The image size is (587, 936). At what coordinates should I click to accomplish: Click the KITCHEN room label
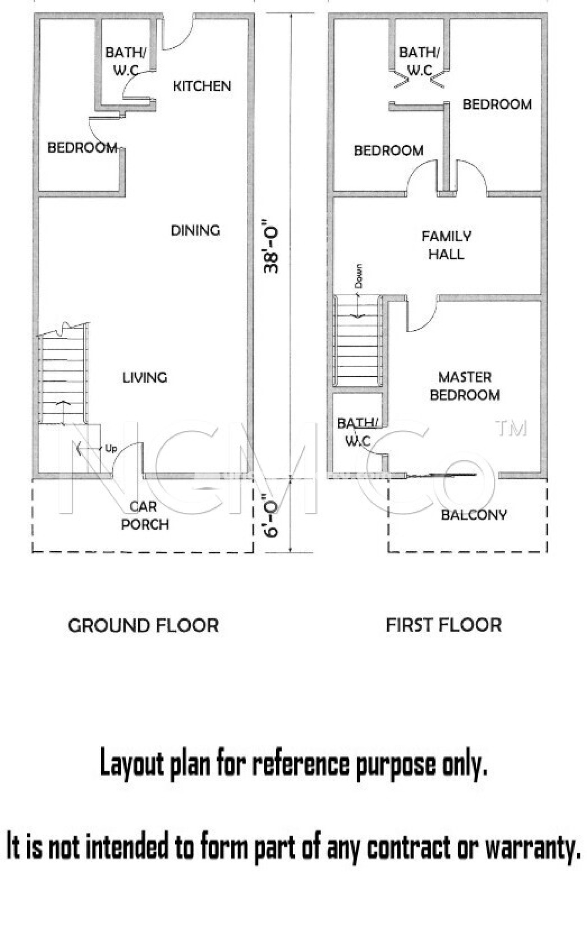202,86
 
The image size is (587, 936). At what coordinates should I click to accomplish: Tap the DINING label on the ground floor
195,230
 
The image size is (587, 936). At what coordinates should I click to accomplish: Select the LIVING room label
145,378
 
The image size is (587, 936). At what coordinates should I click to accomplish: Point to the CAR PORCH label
145,515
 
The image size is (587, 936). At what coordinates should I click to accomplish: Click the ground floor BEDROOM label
82,148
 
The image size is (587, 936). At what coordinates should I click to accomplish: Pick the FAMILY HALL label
446,245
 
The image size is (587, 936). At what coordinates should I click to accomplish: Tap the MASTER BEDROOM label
465,386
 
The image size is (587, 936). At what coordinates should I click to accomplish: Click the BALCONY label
474,515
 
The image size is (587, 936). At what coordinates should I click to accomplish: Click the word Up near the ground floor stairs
111,449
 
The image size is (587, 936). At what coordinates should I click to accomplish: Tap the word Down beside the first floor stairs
358,276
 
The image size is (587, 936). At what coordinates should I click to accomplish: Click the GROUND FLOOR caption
144,626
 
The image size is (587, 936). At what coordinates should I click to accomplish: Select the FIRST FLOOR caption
444,625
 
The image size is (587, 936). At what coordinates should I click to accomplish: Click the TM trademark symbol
511,428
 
